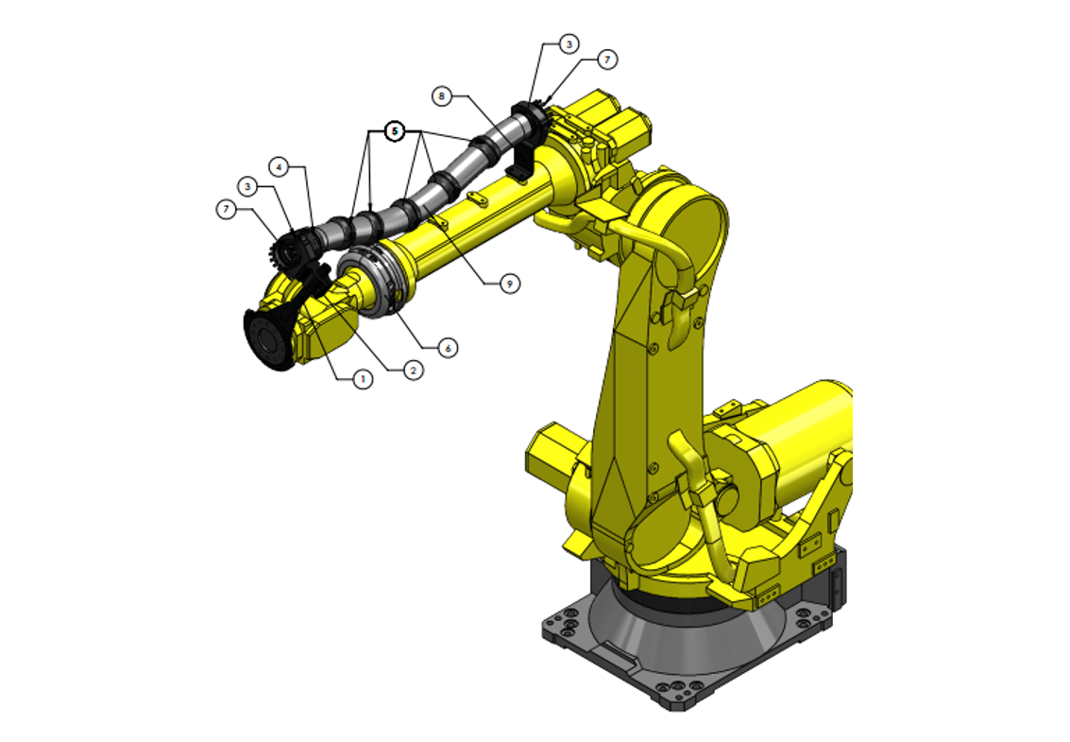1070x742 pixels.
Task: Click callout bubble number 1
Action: (361, 379)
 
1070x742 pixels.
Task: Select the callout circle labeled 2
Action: (413, 371)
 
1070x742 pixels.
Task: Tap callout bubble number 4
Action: (278, 166)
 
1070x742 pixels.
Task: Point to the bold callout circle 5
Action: (395, 130)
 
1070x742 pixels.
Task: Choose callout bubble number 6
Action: (449, 348)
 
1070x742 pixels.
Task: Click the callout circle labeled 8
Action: (440, 95)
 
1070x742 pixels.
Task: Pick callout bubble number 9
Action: (510, 283)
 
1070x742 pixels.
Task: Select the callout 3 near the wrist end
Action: (247, 186)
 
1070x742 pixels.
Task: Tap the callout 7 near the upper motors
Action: (608, 59)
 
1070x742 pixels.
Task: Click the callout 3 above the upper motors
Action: (568, 43)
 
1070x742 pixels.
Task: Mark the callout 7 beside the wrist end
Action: (226, 209)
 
